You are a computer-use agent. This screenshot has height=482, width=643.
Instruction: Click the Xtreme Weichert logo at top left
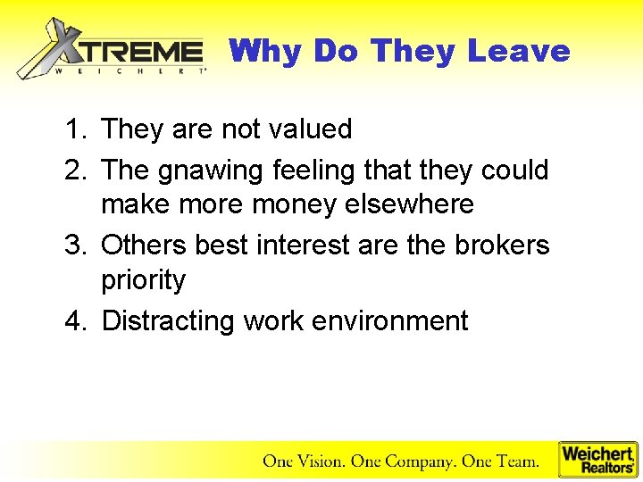pos(112,50)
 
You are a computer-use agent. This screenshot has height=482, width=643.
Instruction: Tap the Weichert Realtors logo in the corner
pos(597,460)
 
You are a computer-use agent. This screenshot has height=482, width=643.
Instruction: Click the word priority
pos(143,281)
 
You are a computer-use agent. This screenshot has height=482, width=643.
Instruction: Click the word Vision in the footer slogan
pos(319,461)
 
